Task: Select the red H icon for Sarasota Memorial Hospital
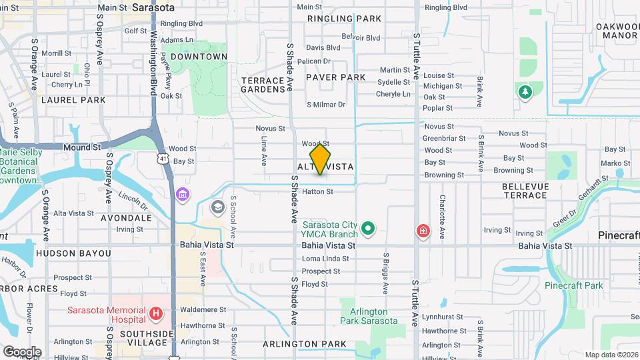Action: pyautogui.click(x=156, y=313)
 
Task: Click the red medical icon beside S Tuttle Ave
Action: pyautogui.click(x=422, y=231)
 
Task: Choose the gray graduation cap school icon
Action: pyautogui.click(x=217, y=207)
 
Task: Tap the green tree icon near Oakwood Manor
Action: pyautogui.click(x=525, y=92)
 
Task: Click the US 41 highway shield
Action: pyautogui.click(x=163, y=158)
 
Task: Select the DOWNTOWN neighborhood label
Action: pyautogui.click(x=199, y=57)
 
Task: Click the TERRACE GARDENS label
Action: pyautogui.click(x=263, y=85)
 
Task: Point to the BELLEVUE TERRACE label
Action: pyautogui.click(x=525, y=190)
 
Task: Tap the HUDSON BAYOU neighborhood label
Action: pyautogui.click(x=73, y=253)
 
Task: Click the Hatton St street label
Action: pyautogui.click(x=317, y=191)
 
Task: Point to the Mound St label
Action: pyautogui.click(x=82, y=146)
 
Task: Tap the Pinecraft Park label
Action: pyautogui.click(x=573, y=285)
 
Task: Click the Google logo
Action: pyautogui.click(x=22, y=351)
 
